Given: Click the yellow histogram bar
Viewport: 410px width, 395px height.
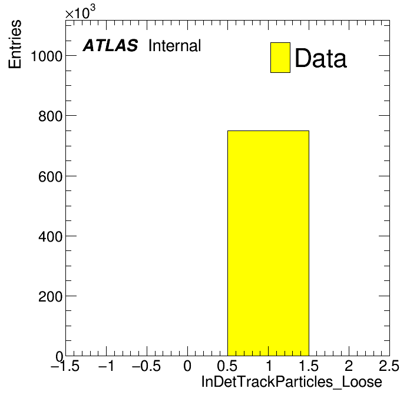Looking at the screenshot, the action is click(x=268, y=243).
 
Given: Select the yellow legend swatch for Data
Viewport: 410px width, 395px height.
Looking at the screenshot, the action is click(x=280, y=58).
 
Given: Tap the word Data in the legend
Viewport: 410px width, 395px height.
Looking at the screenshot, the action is click(x=320, y=58).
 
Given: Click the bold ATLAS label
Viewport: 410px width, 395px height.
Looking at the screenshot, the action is click(x=110, y=45).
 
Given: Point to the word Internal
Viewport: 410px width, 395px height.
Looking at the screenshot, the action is click(x=175, y=45).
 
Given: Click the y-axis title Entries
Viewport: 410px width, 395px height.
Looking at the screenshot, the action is click(x=15, y=44).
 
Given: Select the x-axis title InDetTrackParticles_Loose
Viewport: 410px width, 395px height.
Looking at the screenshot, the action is click(x=292, y=382).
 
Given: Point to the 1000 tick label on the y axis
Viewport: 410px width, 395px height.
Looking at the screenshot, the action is click(x=47, y=56).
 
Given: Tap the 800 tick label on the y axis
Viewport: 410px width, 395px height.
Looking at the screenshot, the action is click(x=51, y=116).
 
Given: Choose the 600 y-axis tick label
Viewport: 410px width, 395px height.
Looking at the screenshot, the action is click(x=51, y=176).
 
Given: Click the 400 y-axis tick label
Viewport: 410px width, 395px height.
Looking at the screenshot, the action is click(x=51, y=237).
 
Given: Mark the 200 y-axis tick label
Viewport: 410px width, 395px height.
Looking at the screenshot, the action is click(x=51, y=297).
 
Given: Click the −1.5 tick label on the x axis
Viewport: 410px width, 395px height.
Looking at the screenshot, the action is click(x=65, y=366).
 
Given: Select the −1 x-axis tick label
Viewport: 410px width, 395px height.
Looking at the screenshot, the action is click(x=107, y=366).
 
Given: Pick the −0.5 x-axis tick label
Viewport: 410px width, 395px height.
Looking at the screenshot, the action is click(x=147, y=366).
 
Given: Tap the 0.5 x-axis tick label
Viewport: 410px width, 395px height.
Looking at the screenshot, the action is click(x=227, y=366).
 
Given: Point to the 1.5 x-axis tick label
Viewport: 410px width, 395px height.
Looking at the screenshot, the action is click(x=309, y=366).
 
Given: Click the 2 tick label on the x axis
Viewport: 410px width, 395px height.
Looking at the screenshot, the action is click(x=349, y=366).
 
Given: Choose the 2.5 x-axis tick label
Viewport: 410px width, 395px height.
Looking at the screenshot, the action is click(x=389, y=366).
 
